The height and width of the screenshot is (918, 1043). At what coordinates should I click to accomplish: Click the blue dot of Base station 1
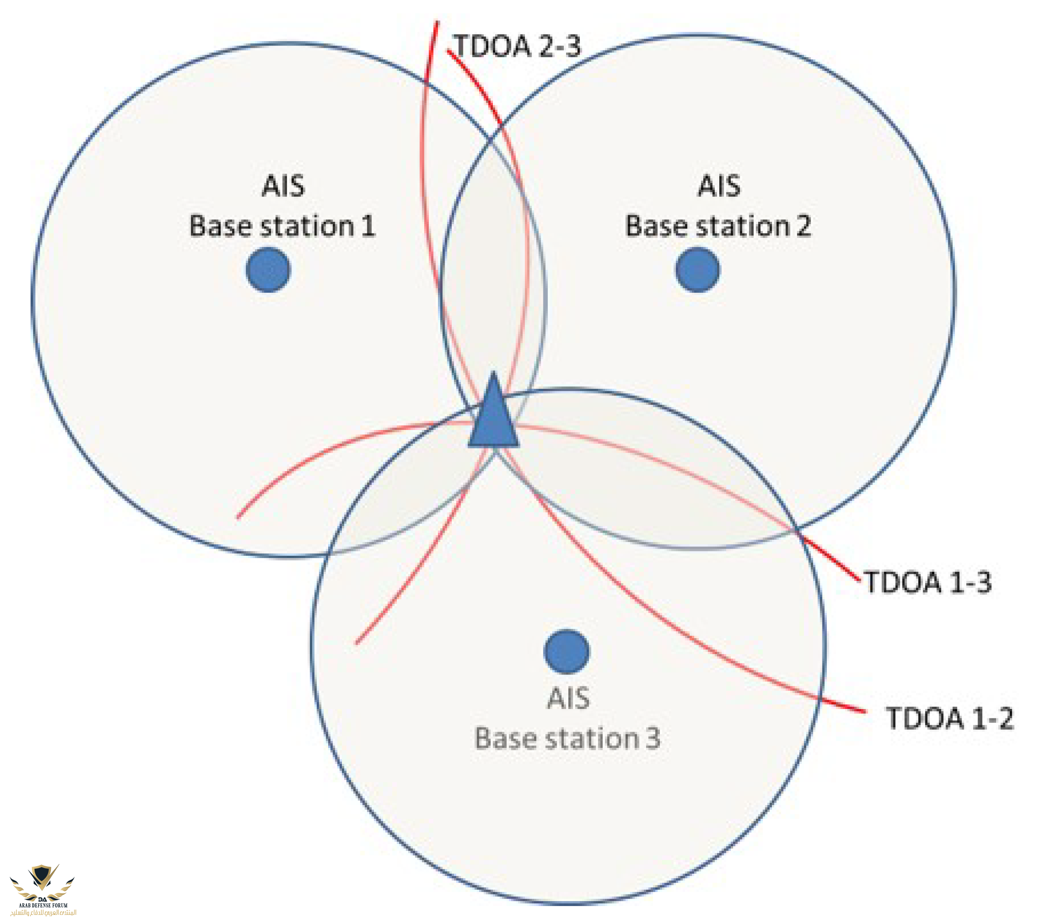268,269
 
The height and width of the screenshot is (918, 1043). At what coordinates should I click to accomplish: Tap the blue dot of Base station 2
698,269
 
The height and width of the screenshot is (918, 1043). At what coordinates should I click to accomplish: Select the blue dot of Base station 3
566,651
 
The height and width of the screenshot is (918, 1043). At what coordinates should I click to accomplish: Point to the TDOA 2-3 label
517,46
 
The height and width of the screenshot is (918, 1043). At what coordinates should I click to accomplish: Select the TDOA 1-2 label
950,718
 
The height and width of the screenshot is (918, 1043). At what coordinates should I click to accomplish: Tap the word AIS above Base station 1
283,186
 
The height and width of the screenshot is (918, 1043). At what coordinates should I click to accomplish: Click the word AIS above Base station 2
719,186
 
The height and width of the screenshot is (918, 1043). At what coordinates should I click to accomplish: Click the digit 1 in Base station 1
368,226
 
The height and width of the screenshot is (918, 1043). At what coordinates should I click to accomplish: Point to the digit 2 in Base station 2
803,226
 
